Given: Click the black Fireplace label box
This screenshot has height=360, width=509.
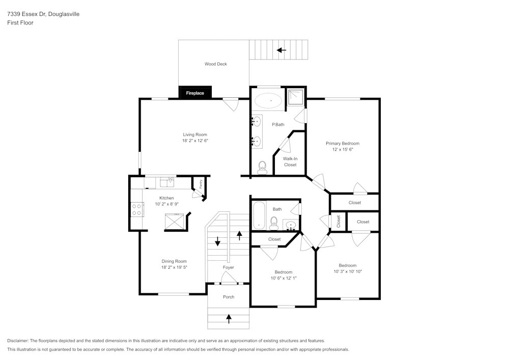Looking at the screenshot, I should click(x=195, y=93).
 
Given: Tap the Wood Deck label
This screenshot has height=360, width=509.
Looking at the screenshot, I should click(x=216, y=64).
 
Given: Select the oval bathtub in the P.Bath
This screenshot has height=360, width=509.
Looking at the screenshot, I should click(x=268, y=101).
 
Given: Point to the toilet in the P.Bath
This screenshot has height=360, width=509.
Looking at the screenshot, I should click(x=263, y=168).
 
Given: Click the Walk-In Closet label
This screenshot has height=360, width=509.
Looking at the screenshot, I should click(x=290, y=161).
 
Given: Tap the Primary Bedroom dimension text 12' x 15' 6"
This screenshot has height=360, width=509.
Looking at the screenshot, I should click(x=343, y=150).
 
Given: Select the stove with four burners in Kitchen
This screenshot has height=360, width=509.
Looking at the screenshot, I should click(x=137, y=209).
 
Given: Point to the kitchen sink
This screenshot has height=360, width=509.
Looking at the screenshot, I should click(x=166, y=182).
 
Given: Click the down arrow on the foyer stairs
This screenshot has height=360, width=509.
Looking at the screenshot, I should click(x=218, y=241).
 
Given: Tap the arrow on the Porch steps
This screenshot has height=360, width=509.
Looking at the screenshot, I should click(x=229, y=319).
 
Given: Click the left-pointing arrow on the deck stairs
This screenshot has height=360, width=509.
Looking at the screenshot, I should click(x=281, y=50).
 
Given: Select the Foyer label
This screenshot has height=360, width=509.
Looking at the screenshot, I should click(x=229, y=267).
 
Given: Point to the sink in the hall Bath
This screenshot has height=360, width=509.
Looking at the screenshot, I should click(x=291, y=225).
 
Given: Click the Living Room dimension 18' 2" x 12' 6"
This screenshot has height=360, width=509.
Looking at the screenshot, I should click(x=195, y=141).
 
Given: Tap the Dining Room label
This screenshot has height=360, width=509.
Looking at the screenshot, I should click(x=174, y=261).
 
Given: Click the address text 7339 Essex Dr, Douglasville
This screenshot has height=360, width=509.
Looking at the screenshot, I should click(x=43, y=14).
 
